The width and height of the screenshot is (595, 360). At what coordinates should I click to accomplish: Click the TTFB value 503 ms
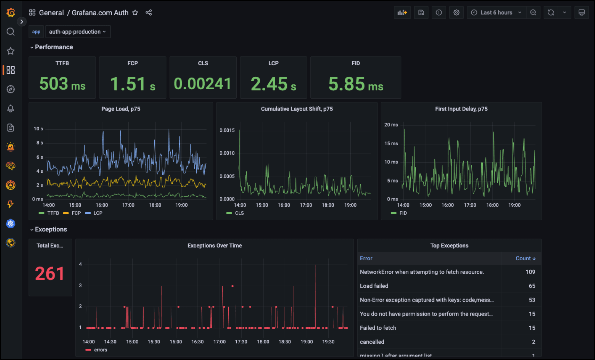pos(62,84)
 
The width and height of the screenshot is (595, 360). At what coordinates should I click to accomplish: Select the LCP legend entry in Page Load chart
pos(98,213)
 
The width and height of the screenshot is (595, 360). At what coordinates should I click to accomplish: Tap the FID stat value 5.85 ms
pos(356,84)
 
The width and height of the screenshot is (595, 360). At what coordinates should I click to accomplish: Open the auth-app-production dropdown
pos(78,32)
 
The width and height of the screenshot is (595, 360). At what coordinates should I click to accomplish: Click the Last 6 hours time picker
pos(496,13)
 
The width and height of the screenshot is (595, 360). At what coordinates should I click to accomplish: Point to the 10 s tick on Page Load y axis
pos(38,129)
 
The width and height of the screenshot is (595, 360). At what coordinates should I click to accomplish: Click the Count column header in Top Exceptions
pos(525,258)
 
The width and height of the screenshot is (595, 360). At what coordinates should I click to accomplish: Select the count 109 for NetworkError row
pos(530,272)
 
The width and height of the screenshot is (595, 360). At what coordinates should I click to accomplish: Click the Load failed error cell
pos(374,286)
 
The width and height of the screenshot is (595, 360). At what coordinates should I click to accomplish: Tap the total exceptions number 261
pos(50,273)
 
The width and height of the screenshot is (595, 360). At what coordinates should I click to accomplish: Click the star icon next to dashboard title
pos(135,13)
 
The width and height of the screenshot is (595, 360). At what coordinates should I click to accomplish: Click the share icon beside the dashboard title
pos(149,13)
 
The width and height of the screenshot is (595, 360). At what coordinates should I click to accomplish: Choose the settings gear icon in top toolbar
pos(456,13)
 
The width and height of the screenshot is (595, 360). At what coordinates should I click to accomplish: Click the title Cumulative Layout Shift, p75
pos(297,109)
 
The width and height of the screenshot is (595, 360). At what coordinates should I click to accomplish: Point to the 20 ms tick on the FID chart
pos(391,125)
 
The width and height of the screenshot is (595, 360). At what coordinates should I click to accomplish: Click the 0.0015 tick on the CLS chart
pos(227,130)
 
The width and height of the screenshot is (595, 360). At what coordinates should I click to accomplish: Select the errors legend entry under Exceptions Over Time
pos(100,350)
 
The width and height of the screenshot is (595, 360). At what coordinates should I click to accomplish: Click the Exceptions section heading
pos(51,229)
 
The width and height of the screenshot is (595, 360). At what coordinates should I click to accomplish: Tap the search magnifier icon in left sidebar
pos(11,32)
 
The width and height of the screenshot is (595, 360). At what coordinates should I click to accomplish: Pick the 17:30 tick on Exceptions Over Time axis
pos(241,342)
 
